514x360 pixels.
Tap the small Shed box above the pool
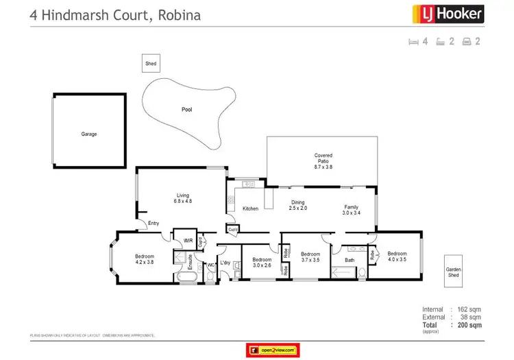click(151, 64)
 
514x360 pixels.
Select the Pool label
click(186, 109)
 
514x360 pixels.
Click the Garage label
click(89, 134)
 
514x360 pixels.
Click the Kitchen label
click(250, 208)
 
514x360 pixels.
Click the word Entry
click(153, 223)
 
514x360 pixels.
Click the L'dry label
click(225, 263)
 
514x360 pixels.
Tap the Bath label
click(350, 260)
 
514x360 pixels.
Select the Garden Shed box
click(453, 272)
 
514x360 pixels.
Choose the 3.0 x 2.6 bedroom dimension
click(262, 265)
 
